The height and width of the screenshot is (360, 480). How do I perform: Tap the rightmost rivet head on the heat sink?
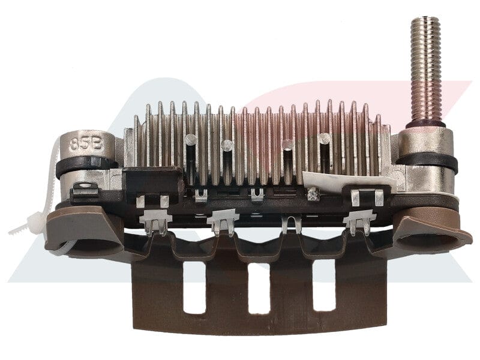(x=325, y=138)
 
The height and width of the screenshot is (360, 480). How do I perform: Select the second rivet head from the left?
(x=227, y=145)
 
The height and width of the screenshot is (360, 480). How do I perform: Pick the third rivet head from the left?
(x=288, y=144)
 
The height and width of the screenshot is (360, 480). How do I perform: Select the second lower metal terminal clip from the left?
(x=223, y=221)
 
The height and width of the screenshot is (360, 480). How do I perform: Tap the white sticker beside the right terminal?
(x=336, y=179)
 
